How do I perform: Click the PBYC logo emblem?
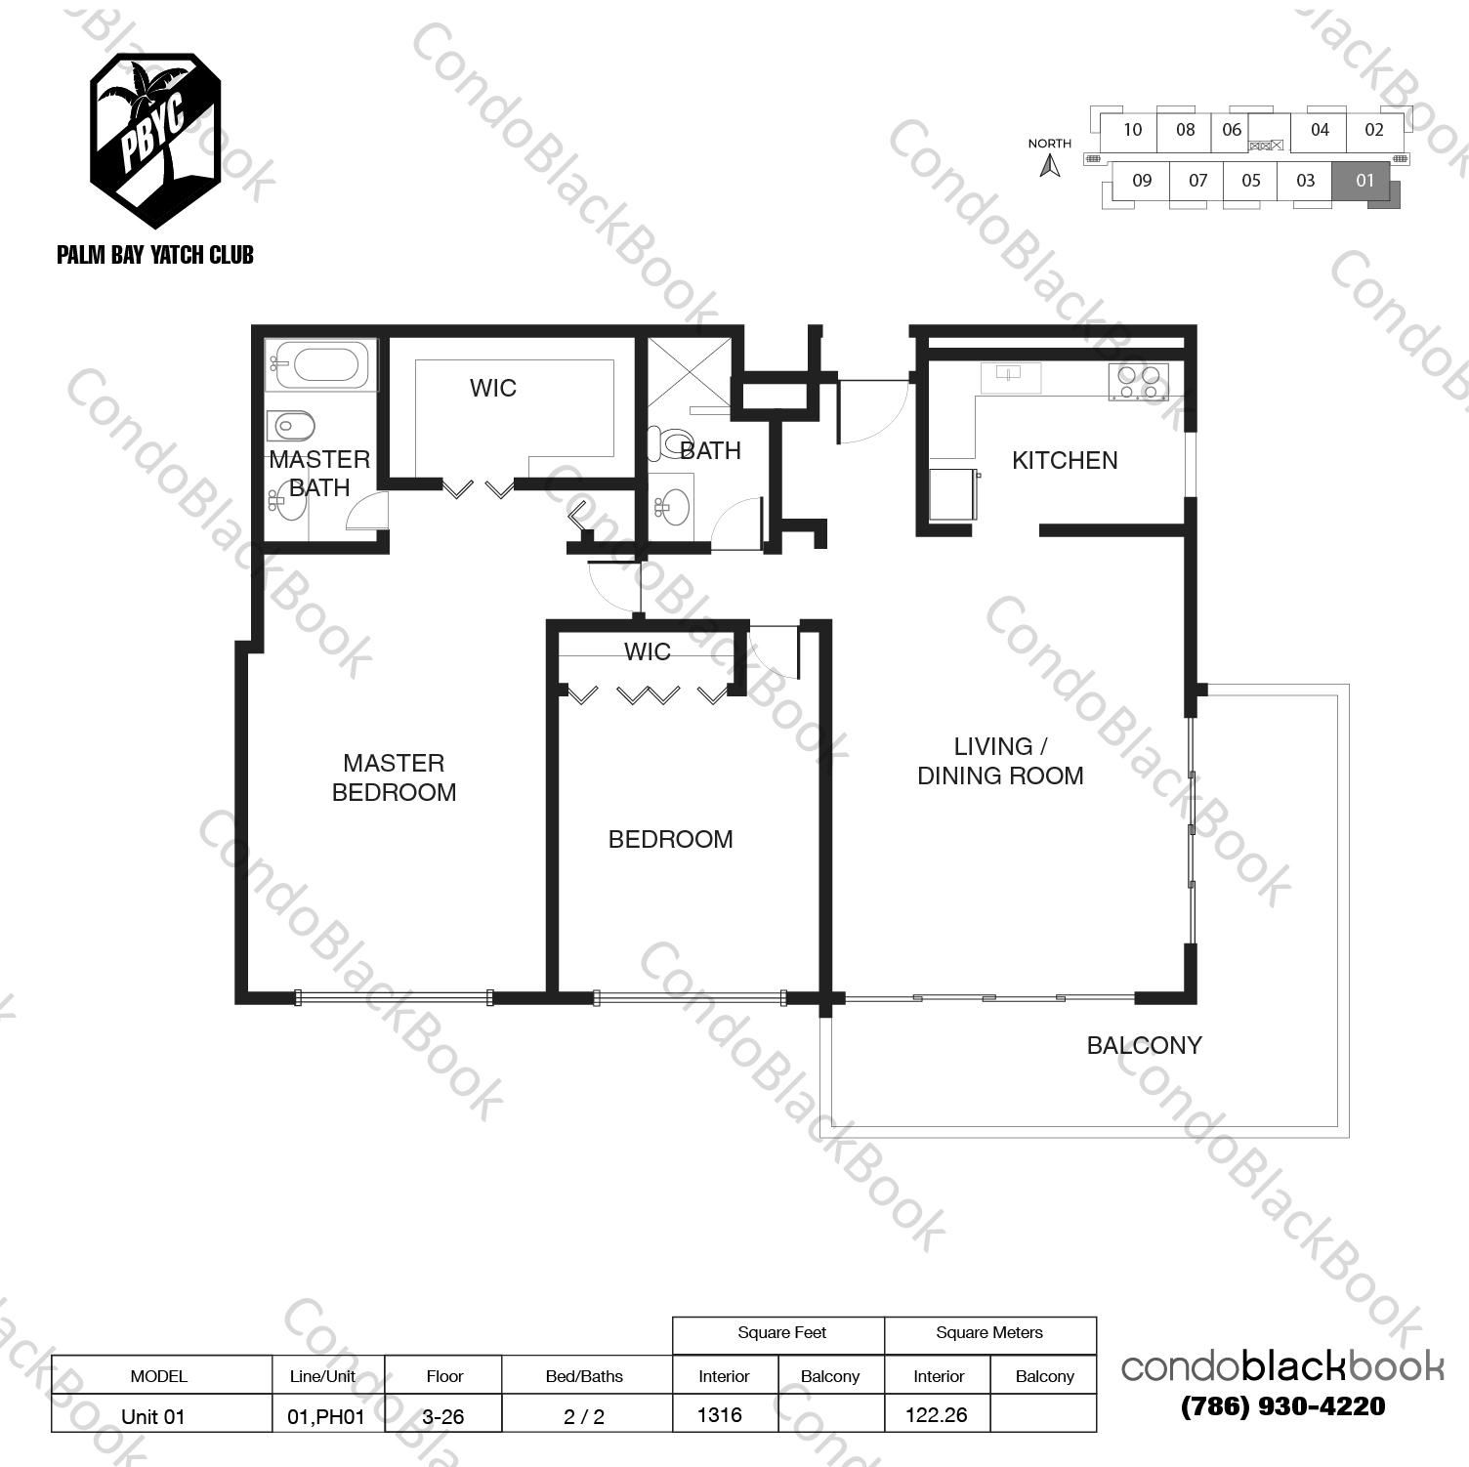(154, 128)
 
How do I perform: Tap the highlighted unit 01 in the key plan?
(1364, 181)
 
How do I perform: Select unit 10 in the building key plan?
(1131, 130)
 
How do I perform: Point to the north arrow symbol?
(1050, 166)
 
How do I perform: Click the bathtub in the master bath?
(320, 366)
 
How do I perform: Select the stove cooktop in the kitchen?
(1138, 381)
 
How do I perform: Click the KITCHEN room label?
(1064, 460)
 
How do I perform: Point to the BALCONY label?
(1144, 1045)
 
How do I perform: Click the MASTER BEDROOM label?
(394, 777)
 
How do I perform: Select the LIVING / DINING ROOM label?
(1000, 761)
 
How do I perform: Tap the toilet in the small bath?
(673, 445)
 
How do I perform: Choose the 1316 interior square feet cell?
(720, 1414)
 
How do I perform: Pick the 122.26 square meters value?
(936, 1414)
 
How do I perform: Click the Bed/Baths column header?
(584, 1376)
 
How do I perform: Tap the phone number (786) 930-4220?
(1282, 1406)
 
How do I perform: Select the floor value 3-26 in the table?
(443, 1416)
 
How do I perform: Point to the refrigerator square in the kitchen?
(954, 495)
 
